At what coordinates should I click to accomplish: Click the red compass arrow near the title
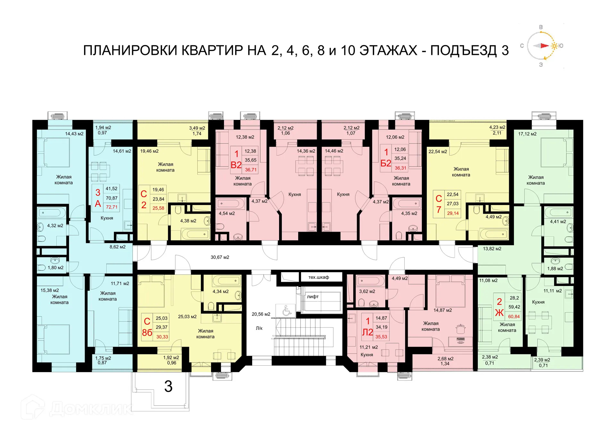544,46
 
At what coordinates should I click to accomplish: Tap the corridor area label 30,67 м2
220,257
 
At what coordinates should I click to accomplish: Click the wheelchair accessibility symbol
287,311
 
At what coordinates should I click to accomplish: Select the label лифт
312,297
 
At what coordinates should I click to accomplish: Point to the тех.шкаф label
318,277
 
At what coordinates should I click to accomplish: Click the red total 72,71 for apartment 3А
112,207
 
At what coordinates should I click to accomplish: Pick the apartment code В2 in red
236,165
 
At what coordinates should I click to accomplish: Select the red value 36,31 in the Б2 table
400,168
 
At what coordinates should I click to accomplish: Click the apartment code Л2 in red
367,333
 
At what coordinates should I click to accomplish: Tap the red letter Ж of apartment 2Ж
499,313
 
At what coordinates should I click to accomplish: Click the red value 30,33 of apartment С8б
162,337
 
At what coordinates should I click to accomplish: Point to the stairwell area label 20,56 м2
261,314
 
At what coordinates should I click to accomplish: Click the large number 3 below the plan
168,387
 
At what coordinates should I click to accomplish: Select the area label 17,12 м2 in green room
527,134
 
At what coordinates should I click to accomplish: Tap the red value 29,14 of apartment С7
453,213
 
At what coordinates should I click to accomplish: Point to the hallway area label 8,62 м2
117,247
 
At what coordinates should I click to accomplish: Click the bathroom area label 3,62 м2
367,291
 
